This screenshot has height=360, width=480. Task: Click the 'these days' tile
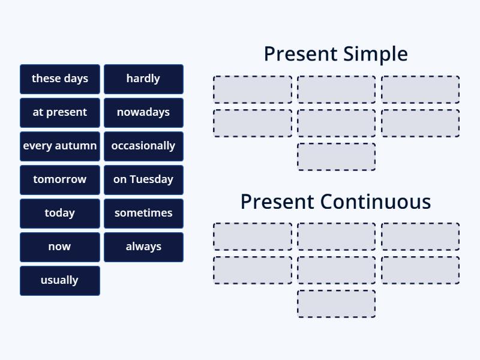tap(60, 79)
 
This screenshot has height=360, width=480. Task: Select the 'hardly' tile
tap(143, 79)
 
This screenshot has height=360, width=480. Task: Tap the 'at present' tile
tap(60, 112)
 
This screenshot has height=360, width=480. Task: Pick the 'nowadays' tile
tap(143, 112)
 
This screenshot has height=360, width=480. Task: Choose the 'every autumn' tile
tap(60, 146)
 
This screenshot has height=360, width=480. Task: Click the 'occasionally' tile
tap(143, 146)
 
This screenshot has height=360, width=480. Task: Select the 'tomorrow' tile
tap(60, 179)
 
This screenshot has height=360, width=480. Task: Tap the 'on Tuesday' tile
tap(143, 179)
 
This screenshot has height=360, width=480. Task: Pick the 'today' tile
tap(60, 213)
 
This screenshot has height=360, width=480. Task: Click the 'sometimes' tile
tap(143, 213)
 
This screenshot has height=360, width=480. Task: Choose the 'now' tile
tap(60, 247)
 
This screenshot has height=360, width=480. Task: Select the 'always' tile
tap(143, 247)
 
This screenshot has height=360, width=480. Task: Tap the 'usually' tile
tap(60, 280)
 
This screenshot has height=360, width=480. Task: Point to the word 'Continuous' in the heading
tap(375, 202)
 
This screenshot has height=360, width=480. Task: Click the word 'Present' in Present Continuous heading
tap(277, 202)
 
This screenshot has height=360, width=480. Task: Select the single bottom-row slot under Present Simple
tap(336, 157)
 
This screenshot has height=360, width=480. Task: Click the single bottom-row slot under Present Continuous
tap(336, 304)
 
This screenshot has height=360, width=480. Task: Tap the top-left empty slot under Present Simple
tap(253, 89)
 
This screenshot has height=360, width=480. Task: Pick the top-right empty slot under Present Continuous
tap(420, 237)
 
